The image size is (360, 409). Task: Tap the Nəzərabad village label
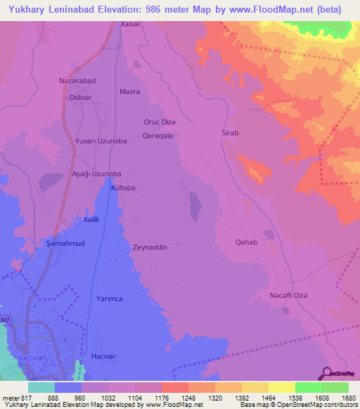tap(77, 81)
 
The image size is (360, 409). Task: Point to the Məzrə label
tap(130, 92)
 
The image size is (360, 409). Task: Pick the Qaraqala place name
tap(157, 136)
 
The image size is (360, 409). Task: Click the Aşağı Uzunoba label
tap(98, 174)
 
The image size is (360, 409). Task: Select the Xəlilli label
tap(90, 220)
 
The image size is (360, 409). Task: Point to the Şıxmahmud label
tap(65, 243)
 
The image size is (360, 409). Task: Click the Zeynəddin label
tap(149, 247)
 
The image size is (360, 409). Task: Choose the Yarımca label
tap(110, 299)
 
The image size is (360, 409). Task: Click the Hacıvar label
tap(103, 357)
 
